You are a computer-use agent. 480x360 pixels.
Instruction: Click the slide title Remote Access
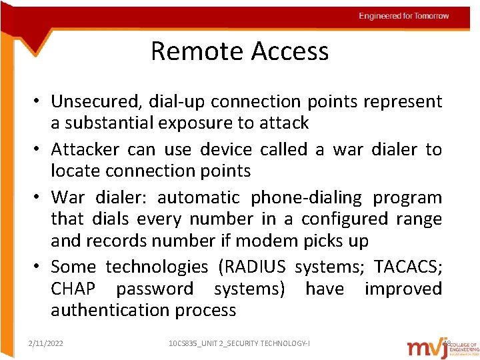pos(239,51)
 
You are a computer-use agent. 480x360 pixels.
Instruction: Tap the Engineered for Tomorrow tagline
pos(403,16)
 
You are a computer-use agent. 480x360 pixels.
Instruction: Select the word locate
pos(73,171)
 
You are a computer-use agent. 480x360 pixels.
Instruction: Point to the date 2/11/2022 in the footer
pos(46,343)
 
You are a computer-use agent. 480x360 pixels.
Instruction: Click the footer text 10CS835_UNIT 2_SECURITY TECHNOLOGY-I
pos(239,343)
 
